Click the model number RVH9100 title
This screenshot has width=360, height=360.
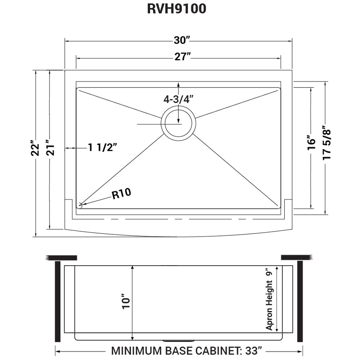[176, 9]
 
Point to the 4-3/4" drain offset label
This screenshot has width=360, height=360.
[179, 99]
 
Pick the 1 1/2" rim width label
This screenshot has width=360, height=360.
[103, 148]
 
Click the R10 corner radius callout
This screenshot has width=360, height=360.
[121, 194]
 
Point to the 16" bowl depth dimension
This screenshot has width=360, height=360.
[311, 143]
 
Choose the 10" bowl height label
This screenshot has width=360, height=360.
[126, 303]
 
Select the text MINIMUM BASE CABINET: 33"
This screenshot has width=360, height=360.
[186, 350]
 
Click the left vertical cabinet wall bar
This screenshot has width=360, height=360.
[57, 302]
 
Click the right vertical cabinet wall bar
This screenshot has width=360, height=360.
[300, 302]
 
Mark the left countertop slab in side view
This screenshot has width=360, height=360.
[62, 257]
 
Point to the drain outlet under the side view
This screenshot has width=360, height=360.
[179, 341]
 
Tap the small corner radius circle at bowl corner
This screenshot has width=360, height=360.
[80, 206]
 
